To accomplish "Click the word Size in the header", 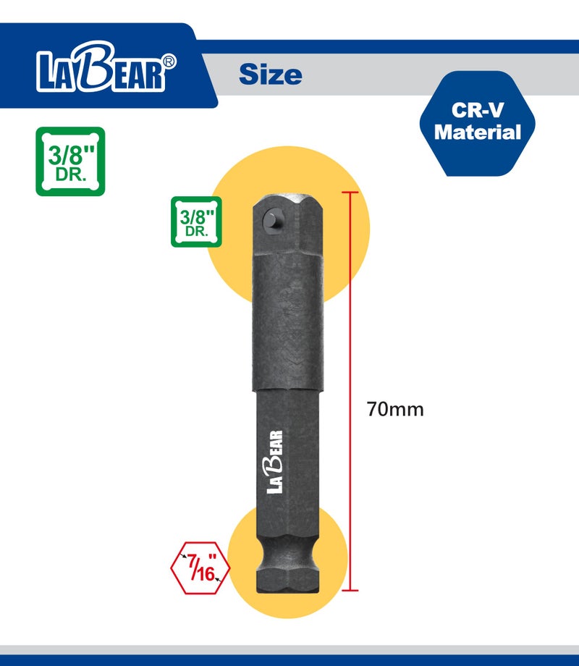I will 270,74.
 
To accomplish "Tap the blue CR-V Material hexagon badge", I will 478,123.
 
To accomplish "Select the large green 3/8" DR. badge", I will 70,161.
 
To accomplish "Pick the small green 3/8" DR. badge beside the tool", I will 196,222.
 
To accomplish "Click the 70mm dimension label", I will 394,409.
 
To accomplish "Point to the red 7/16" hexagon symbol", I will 200,567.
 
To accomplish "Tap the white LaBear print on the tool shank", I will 276,462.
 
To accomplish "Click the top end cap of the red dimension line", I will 350,193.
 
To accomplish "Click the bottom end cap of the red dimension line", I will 350,591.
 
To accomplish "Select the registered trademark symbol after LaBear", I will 169,62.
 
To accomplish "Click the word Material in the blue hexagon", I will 478,132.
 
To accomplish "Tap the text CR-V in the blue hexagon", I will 478,111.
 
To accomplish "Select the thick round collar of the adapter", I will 289,326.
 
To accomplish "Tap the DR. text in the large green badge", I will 70,176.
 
